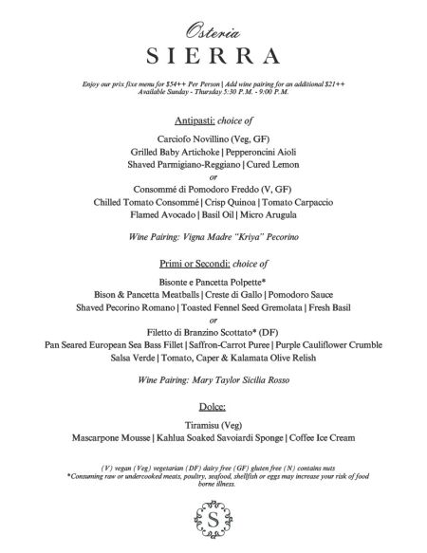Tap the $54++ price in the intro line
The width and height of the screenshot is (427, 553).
[x=176, y=84]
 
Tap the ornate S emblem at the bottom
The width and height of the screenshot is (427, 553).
[x=213, y=522]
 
